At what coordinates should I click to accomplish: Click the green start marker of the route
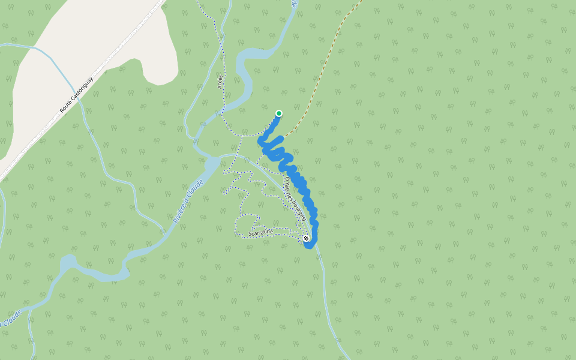click(279, 113)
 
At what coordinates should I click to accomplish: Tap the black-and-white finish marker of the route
click(307, 239)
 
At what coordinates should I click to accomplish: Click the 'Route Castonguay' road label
click(77, 95)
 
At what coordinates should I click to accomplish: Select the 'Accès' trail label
click(220, 82)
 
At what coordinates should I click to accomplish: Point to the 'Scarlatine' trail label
click(260, 231)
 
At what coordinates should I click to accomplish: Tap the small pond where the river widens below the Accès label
click(212, 164)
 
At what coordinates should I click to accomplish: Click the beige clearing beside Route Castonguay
click(90, 36)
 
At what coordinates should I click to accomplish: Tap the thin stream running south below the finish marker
click(328, 300)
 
